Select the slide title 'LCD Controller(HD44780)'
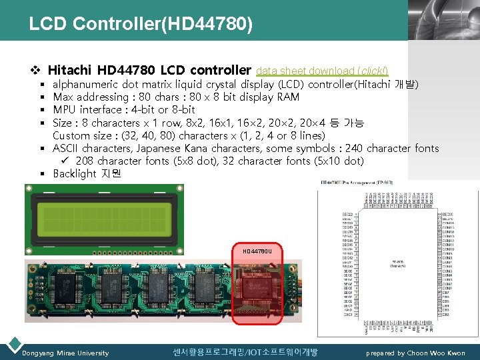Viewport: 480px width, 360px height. tap(141, 24)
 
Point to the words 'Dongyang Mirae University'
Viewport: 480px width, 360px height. tap(65, 353)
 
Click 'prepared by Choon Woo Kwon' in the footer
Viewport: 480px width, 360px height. tap(415, 353)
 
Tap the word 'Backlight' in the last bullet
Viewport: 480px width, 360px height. tap(75, 174)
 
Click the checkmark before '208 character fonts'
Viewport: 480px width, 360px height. tap(66, 161)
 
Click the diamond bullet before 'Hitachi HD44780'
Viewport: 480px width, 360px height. tap(37, 70)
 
